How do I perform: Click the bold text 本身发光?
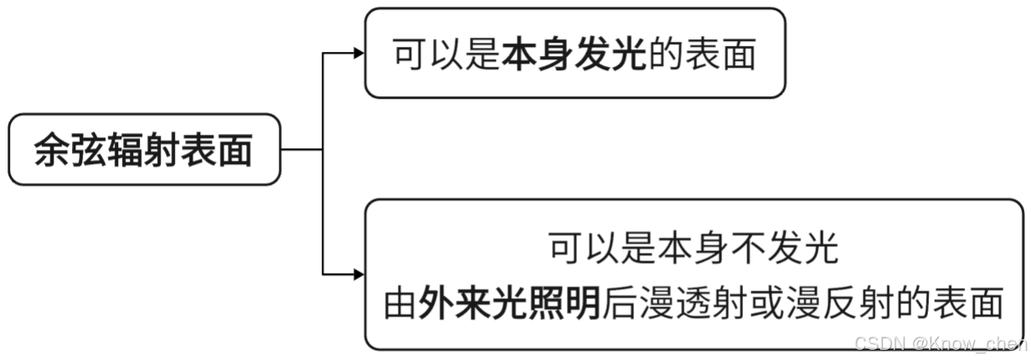[x=575, y=55]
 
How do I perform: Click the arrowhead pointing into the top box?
[x=359, y=54]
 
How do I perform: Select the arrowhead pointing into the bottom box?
[x=359, y=275]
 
